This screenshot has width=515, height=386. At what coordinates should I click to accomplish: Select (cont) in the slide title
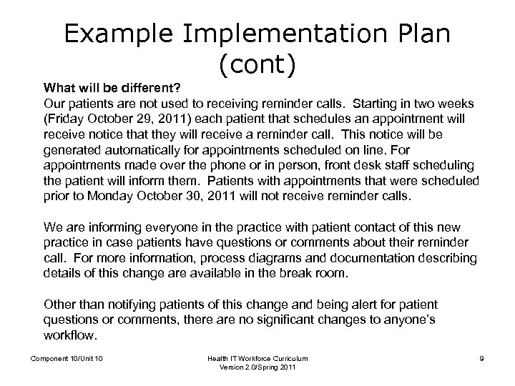coord(258,67)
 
